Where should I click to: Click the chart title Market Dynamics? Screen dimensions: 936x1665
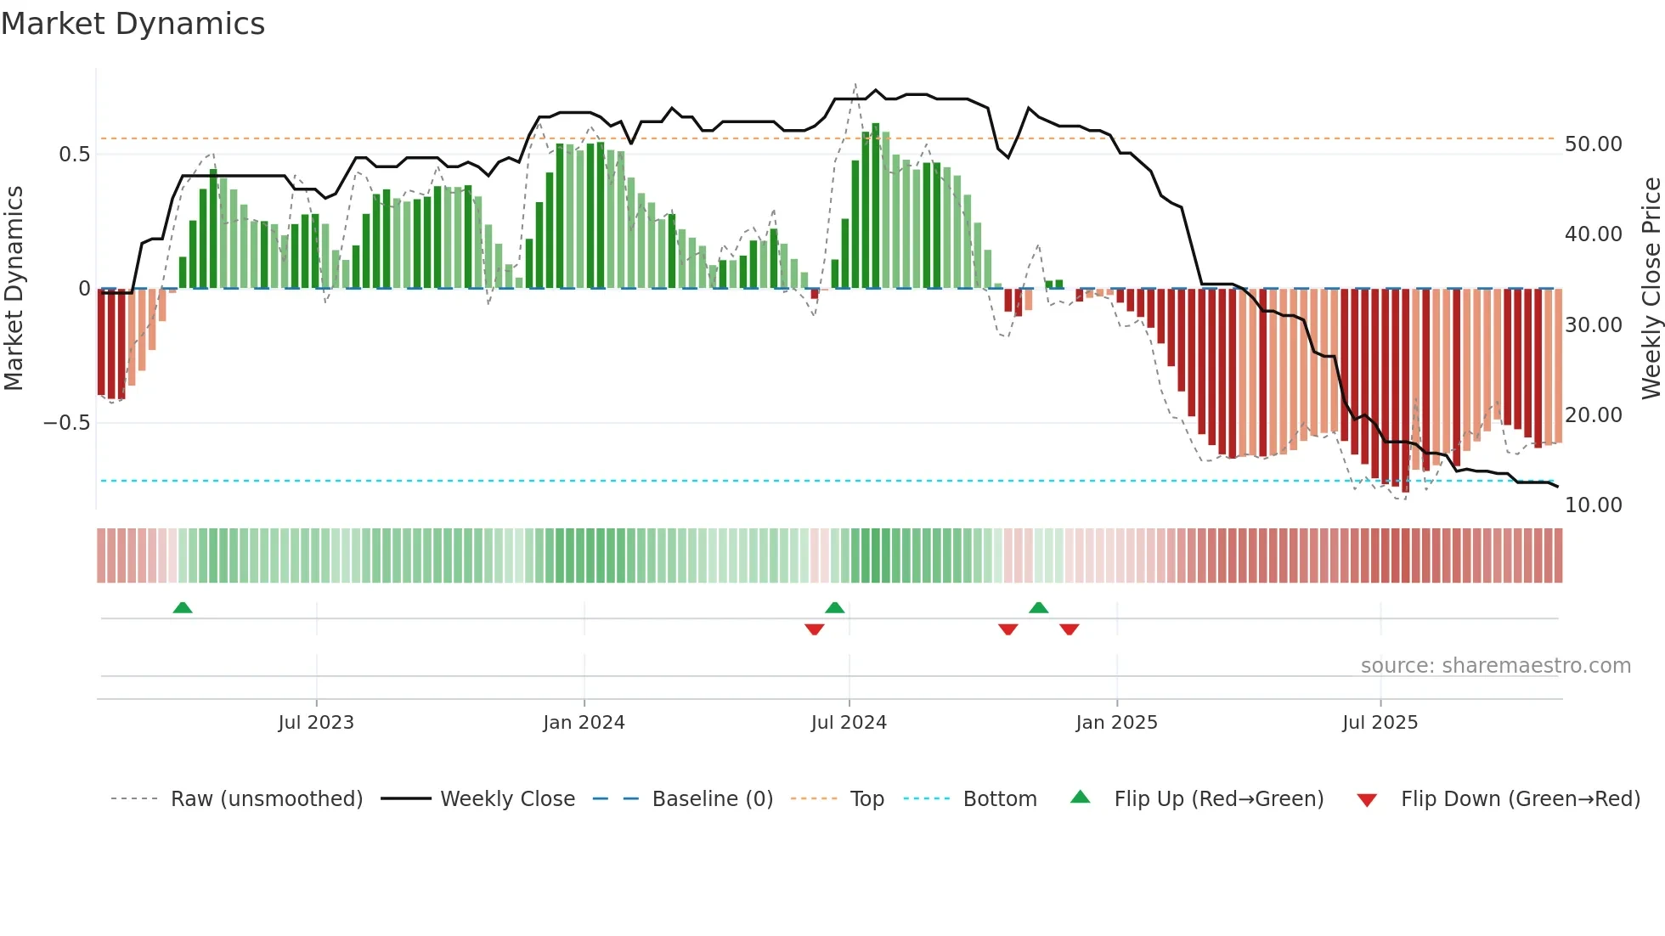tap(133, 24)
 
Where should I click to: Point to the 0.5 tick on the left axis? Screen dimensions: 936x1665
tap(74, 154)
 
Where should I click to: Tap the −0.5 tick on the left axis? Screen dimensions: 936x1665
tap(67, 423)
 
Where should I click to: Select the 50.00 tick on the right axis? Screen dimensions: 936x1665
tap(1593, 144)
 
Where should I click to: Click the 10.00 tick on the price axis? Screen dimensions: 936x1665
tap(1593, 505)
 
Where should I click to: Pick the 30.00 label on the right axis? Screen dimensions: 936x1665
tap(1593, 325)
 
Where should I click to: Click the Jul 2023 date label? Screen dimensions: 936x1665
tap(316, 723)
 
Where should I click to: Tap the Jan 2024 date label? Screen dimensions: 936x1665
tap(584, 723)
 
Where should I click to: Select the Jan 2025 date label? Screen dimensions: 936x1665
tap(1116, 723)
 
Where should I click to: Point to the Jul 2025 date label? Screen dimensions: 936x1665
tap(1380, 723)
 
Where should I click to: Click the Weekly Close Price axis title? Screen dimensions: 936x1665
tap(1651, 288)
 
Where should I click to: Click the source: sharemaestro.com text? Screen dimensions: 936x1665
tap(1495, 666)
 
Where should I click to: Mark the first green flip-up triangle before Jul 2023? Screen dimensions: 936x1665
tap(183, 607)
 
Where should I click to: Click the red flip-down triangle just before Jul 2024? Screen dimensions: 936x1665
tap(815, 629)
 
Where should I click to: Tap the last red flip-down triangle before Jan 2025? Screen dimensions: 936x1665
tap(1070, 629)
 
